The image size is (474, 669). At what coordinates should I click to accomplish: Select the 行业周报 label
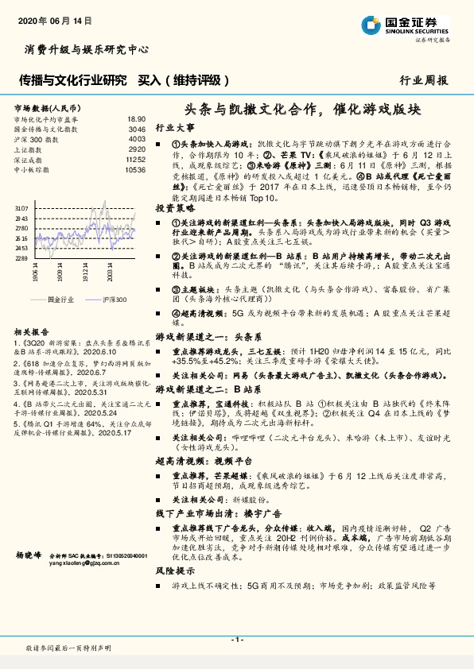pos(423,80)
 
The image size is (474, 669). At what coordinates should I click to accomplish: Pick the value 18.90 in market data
pos(136,118)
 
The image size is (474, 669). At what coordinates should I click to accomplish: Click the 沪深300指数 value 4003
pos(136,139)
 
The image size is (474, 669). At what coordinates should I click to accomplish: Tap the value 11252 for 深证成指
pos(134,160)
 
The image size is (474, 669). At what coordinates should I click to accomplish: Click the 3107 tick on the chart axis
pos(21,207)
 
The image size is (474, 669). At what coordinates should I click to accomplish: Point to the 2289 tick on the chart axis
pos(21,258)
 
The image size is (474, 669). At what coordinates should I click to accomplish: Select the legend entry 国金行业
pos(60,300)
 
